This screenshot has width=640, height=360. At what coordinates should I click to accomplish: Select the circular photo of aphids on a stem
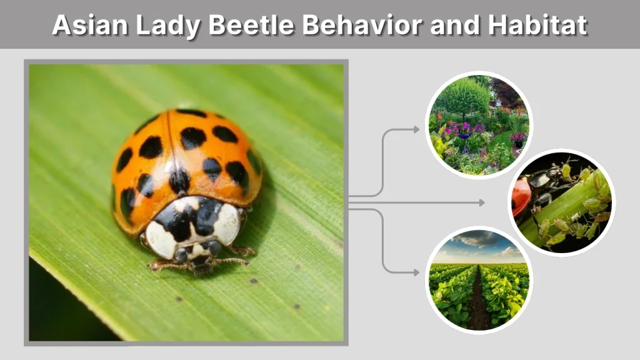pos(562,202)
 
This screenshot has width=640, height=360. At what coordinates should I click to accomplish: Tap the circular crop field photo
pos(479,280)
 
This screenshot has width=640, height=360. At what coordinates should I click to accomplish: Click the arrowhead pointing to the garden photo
pos(417,129)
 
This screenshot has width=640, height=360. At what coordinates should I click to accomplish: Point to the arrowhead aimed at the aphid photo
pos(482,202)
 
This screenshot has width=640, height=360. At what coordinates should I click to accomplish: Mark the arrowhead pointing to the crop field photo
pos(417,272)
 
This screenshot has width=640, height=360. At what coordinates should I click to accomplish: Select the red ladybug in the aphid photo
pos(522,195)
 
